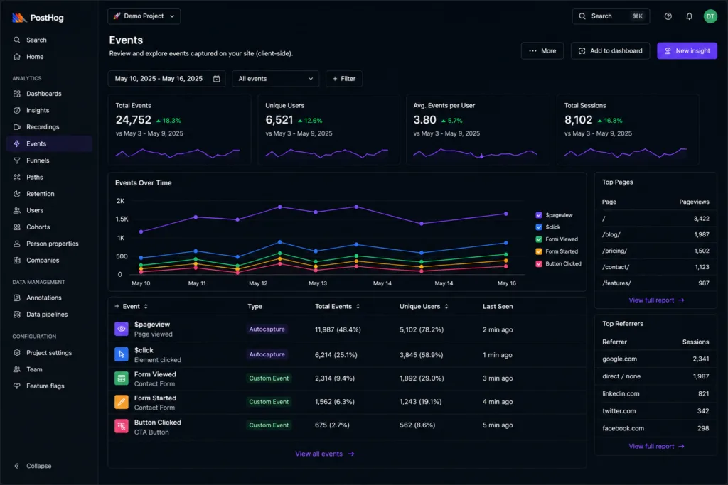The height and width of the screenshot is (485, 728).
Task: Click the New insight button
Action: (x=687, y=50)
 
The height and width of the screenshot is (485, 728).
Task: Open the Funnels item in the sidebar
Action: (x=37, y=160)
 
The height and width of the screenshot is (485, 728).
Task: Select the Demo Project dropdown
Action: (x=144, y=16)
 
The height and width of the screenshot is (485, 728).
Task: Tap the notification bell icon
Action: (x=689, y=16)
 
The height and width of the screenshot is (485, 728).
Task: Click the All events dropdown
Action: (x=275, y=79)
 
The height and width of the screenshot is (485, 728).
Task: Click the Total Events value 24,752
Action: (x=133, y=120)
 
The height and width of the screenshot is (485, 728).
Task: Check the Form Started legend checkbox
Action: (x=539, y=251)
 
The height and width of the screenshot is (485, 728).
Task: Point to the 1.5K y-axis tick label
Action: (x=122, y=219)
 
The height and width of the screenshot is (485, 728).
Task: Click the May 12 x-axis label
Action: (x=258, y=283)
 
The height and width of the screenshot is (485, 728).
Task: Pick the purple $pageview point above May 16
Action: (x=505, y=214)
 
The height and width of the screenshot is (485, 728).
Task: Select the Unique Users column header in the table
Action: (x=419, y=307)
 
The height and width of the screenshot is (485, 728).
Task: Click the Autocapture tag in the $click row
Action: (x=267, y=354)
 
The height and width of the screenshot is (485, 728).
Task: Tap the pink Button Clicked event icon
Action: (x=121, y=425)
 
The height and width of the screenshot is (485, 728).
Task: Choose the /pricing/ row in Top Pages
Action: (x=655, y=251)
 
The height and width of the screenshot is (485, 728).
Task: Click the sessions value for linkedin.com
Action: (x=703, y=393)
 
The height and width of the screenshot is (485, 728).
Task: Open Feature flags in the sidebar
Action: (x=45, y=386)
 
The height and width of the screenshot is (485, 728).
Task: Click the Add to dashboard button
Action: (x=610, y=50)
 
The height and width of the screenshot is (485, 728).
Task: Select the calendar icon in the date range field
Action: (x=216, y=79)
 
